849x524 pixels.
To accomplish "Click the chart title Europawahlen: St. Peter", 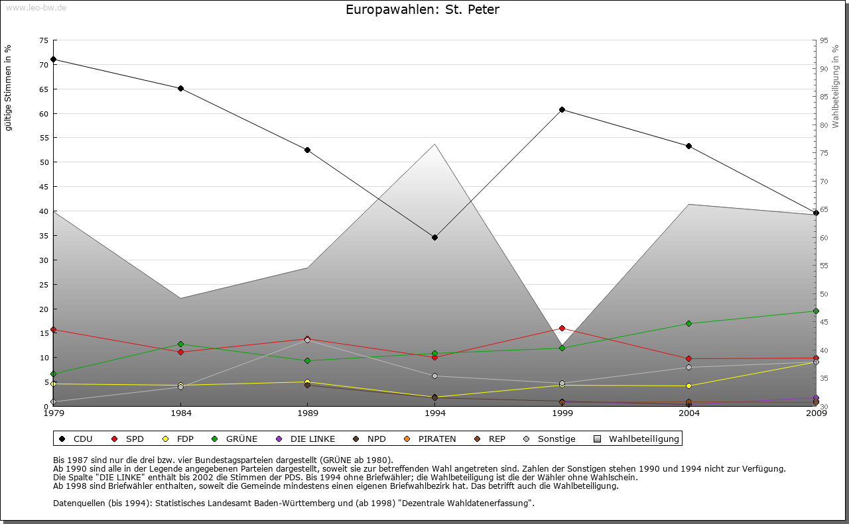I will point(423,10).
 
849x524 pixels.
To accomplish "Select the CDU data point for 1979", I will point(53,59).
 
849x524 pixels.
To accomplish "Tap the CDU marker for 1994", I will point(434,237).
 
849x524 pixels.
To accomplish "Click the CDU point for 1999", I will point(562,109).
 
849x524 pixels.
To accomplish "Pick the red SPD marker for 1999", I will point(562,328).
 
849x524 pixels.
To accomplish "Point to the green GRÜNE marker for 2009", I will point(816,311).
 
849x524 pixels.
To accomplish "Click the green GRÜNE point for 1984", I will point(180,344).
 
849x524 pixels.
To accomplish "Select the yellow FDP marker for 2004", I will point(688,386).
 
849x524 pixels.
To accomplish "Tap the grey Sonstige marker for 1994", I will point(434,376).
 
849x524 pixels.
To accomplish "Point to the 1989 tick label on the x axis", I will point(308,414).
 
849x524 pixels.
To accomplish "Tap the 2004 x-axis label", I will point(688,414).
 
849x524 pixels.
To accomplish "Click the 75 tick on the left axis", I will point(43,40).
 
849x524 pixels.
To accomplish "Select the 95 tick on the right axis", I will point(824,40).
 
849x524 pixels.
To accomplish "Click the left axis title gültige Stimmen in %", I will point(9,87).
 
